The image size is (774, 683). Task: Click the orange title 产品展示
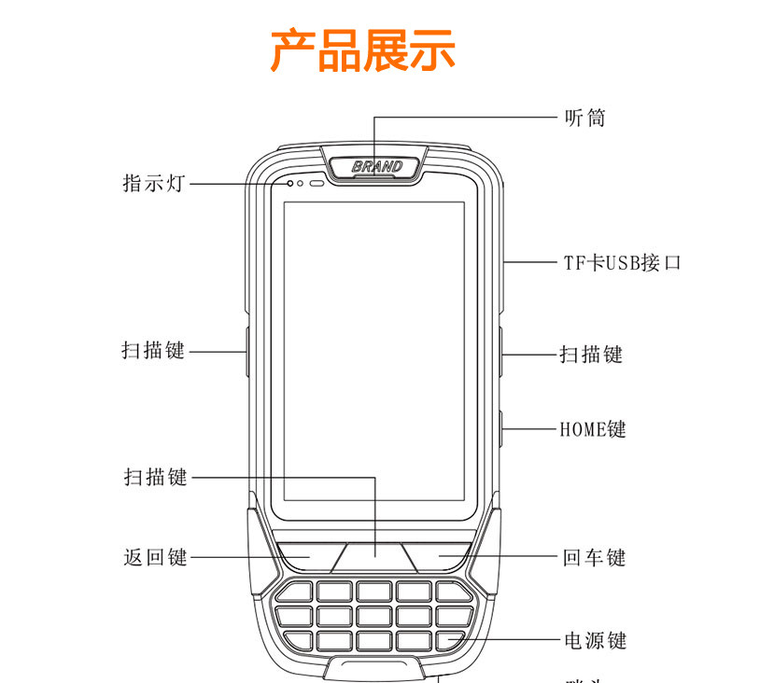point(363,50)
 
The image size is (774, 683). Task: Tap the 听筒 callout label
point(585,118)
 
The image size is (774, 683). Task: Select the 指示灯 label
point(155,183)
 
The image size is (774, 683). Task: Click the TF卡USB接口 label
point(622,263)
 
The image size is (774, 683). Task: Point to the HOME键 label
point(593,429)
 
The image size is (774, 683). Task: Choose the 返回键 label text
point(155,557)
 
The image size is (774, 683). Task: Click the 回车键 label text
point(594,558)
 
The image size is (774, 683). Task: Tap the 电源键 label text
point(594,640)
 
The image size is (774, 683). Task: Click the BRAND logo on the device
point(377,167)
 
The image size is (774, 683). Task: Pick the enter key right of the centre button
point(442,556)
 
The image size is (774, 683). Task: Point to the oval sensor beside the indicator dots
point(317,183)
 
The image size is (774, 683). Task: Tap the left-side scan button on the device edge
point(246,351)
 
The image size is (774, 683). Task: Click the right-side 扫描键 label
point(591,355)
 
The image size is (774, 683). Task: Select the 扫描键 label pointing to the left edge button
point(153,351)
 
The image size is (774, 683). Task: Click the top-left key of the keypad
point(298,592)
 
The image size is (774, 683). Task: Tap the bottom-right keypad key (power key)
point(451,640)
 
